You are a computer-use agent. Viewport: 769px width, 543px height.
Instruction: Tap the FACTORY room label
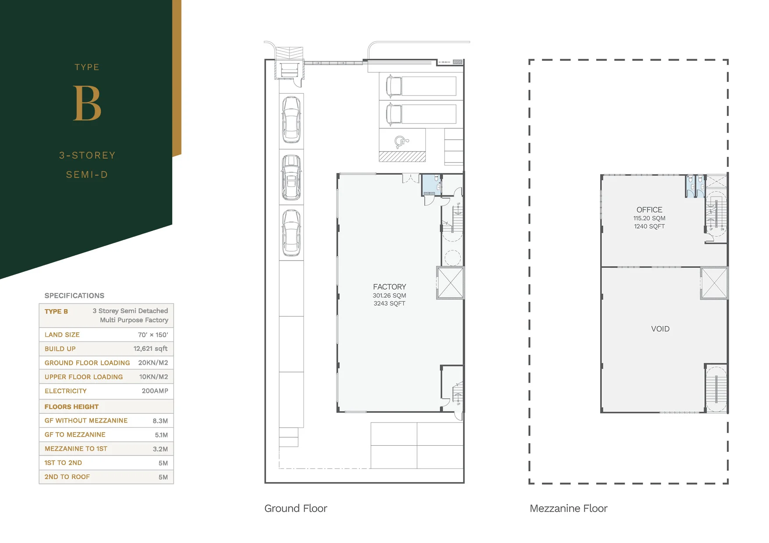[389, 287]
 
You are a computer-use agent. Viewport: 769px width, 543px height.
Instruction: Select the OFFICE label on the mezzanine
[649, 210]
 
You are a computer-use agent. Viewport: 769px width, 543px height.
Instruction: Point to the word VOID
[660, 329]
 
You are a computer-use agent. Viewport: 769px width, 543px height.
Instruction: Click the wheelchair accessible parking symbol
[402, 142]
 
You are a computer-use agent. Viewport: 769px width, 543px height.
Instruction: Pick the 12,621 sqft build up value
[150, 349]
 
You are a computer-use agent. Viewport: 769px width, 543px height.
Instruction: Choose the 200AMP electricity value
[155, 391]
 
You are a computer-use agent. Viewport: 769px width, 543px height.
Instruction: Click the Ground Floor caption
[295, 508]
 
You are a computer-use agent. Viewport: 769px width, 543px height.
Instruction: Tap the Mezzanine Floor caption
[568, 508]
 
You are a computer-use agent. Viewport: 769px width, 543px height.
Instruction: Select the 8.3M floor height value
[160, 421]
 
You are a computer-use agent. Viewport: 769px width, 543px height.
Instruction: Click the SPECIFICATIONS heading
[75, 296]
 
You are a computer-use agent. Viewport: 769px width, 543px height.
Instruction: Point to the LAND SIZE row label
[62, 335]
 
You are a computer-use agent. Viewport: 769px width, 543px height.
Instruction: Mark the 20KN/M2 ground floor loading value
[153, 363]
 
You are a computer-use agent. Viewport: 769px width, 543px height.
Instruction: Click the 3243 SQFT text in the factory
[389, 303]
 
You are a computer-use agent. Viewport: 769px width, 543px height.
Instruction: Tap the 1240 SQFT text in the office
[649, 226]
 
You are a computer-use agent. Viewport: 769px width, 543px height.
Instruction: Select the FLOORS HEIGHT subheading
[71, 407]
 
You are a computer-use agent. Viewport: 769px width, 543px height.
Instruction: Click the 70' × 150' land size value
[153, 335]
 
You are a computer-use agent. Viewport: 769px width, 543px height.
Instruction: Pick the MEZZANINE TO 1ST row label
[76, 448]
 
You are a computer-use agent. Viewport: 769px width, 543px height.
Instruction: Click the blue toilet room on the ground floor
[431, 184]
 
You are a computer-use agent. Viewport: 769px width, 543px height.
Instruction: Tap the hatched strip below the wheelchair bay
[402, 157]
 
